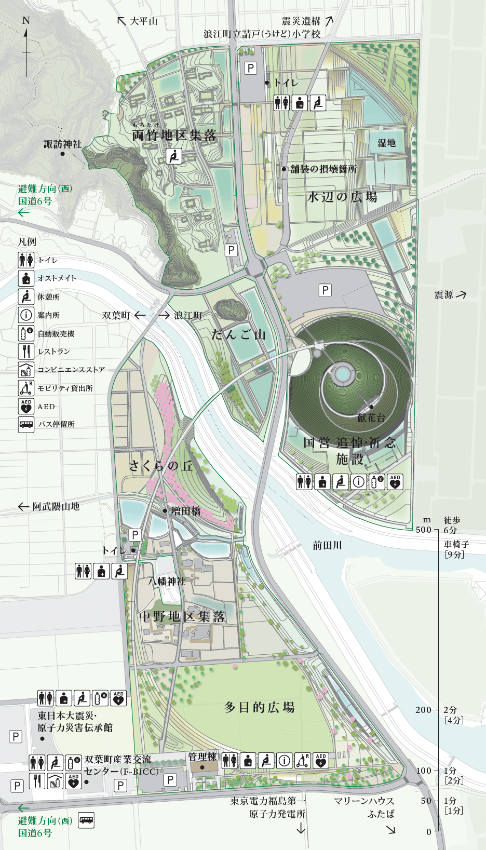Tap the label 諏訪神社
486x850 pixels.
63,144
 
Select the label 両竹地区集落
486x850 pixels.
174,136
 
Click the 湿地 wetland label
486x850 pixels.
386,143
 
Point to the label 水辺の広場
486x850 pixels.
342,197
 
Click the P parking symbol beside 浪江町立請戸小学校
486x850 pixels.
251,68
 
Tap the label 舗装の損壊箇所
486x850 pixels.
323,169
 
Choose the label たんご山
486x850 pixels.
238,334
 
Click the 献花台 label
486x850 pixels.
371,417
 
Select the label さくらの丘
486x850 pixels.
161,466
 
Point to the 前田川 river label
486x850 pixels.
327,545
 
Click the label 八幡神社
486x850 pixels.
167,581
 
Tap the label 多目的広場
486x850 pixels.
260,707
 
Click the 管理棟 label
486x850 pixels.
202,757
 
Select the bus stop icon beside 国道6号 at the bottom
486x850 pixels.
86,820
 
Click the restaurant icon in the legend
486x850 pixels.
26,352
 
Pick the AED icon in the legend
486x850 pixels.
26,407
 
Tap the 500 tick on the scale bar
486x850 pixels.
424,530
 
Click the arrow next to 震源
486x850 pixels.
461,294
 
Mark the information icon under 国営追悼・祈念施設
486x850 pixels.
358,482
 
